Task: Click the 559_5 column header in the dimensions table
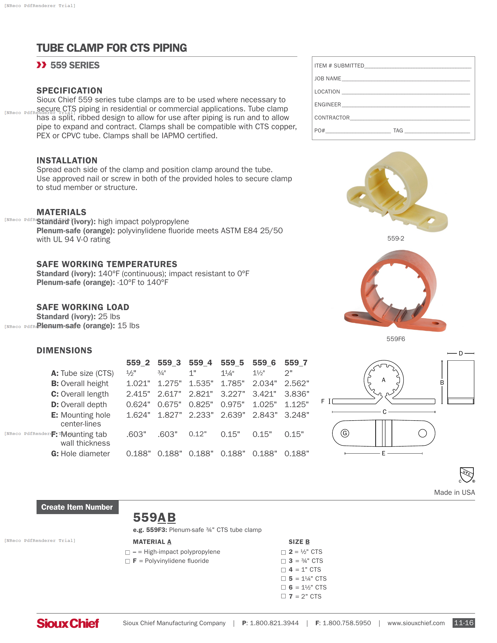pos(232,363)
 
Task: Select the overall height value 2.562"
pos(296,383)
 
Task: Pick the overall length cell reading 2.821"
pos(201,394)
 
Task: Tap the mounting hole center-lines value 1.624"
pos(138,415)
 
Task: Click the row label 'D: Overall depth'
pos(79,405)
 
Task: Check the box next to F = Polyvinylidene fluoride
pos(127,561)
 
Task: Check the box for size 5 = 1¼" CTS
pos(283,578)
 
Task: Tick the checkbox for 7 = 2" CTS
pos(283,596)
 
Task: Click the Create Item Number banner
pos(77,507)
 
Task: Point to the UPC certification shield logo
pos(467,475)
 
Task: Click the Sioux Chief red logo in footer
pos(68,623)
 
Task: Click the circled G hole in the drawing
pos(345,433)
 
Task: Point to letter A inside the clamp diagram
pos(383,380)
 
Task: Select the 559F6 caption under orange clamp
pos(396,339)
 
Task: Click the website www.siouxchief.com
pos(416,623)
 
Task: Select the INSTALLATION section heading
pos(67,160)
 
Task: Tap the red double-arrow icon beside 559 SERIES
pos(42,65)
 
